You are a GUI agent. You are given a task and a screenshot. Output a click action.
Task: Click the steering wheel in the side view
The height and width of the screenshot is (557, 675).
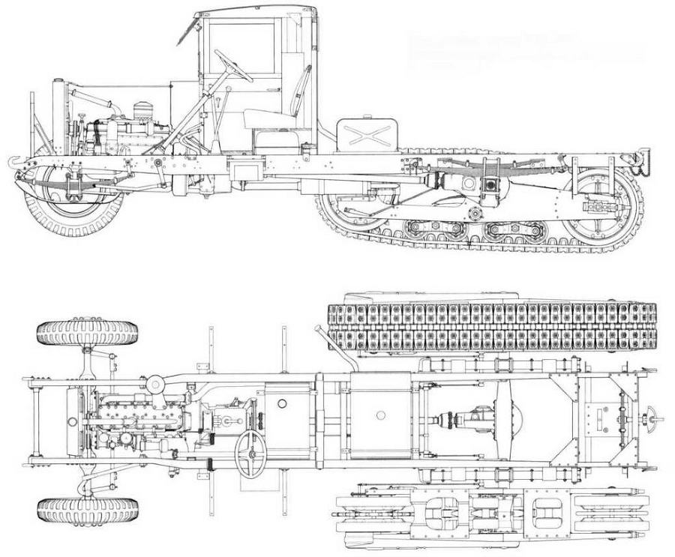233,66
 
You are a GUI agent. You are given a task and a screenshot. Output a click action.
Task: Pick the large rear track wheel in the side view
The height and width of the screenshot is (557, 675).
599,202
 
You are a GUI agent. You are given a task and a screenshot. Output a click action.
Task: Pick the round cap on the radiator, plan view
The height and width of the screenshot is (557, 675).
156,384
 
